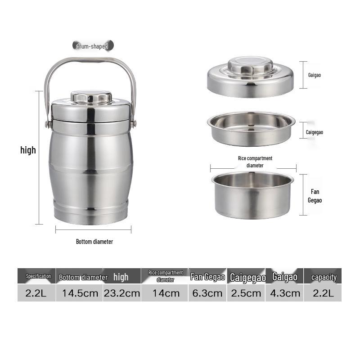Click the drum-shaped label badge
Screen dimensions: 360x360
(x=93, y=46)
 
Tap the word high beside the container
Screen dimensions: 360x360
(x=28, y=150)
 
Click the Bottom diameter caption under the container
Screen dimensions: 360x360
(x=94, y=242)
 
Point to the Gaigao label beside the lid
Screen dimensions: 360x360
(x=314, y=75)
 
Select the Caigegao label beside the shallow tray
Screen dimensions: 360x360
(x=314, y=132)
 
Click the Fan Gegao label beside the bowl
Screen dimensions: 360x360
(x=315, y=196)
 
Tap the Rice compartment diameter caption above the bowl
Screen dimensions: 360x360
(x=255, y=162)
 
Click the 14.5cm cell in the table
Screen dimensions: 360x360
(x=80, y=293)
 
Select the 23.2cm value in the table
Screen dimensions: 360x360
(x=121, y=293)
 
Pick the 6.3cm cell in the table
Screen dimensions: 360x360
(x=207, y=293)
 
